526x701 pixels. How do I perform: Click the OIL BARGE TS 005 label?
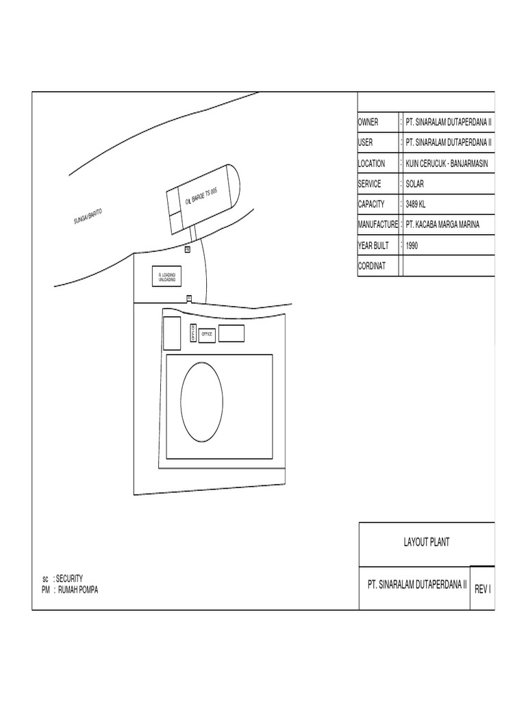(x=201, y=196)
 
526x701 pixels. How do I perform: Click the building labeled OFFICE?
(x=207, y=334)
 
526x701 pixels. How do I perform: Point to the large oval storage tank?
(x=201, y=403)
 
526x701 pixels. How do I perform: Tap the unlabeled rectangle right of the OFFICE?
(x=231, y=333)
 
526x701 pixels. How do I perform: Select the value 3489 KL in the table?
(x=415, y=204)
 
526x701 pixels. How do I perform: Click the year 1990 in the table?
(x=412, y=245)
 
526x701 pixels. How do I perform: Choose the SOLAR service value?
(x=414, y=184)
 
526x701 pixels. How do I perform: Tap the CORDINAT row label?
(x=372, y=266)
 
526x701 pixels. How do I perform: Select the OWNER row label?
(x=368, y=123)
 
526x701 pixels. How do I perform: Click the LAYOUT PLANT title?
(x=426, y=543)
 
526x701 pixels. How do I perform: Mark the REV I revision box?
(x=482, y=588)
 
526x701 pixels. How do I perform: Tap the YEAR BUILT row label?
(x=374, y=245)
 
